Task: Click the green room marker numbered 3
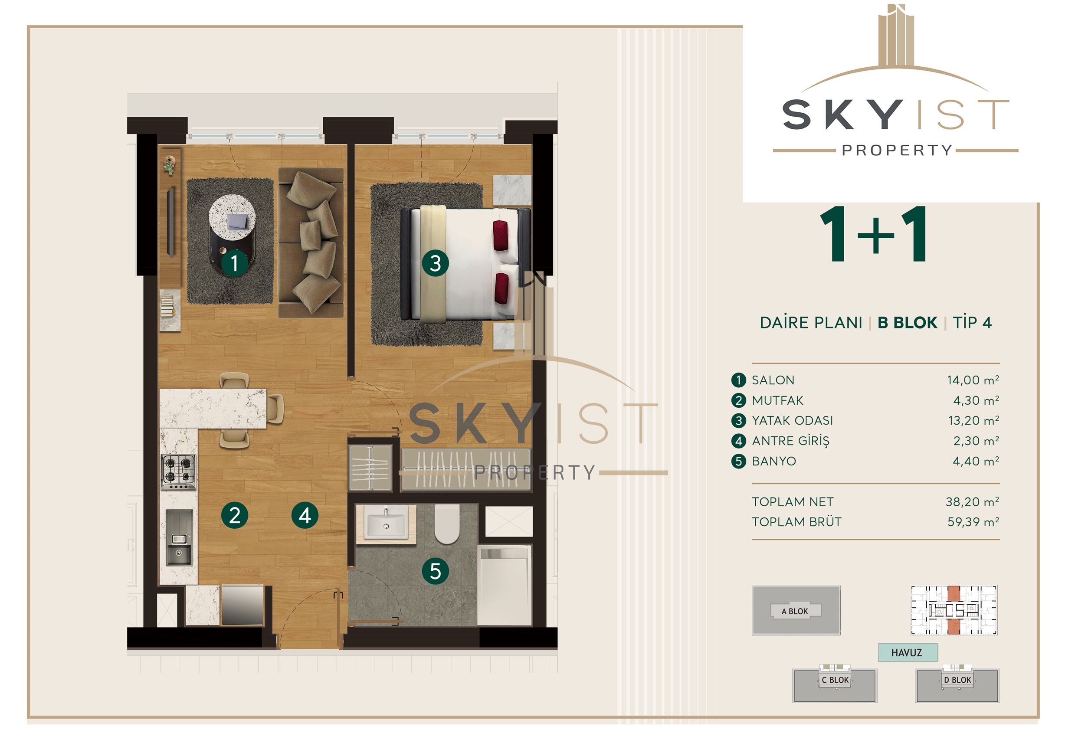click(x=435, y=263)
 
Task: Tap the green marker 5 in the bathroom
click(x=435, y=571)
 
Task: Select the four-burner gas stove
click(x=178, y=471)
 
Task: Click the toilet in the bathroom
click(x=447, y=524)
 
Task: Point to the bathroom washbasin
click(x=386, y=522)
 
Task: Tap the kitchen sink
click(x=179, y=537)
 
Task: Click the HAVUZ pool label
click(x=906, y=653)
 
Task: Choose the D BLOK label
click(x=957, y=680)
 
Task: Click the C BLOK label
click(x=835, y=680)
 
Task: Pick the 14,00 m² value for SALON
click(x=973, y=380)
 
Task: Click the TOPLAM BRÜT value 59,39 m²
click(x=973, y=522)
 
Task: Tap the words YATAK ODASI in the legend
click(x=792, y=421)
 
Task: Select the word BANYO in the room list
click(x=774, y=461)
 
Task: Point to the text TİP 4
click(x=972, y=322)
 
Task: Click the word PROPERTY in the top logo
click(x=897, y=150)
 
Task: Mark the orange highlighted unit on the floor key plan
click(x=954, y=610)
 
